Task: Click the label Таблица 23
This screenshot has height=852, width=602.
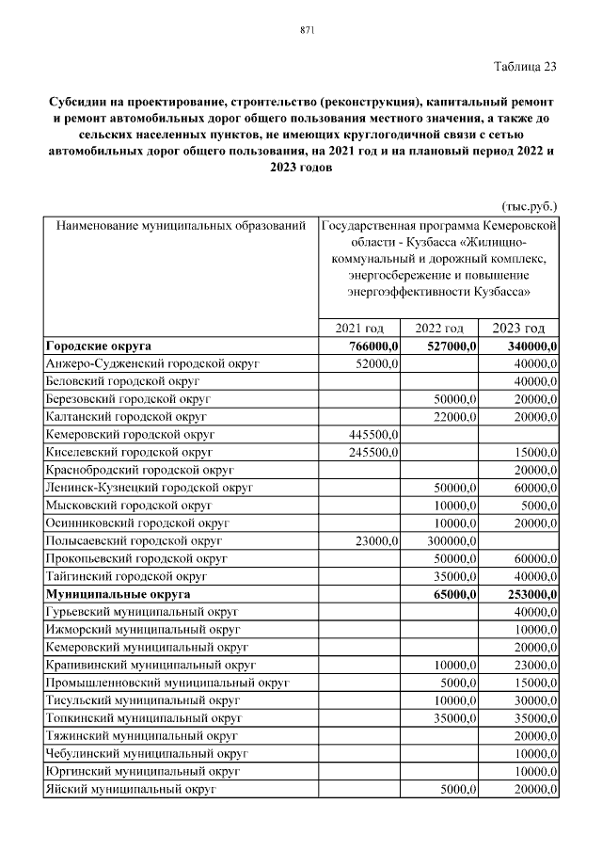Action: click(525, 66)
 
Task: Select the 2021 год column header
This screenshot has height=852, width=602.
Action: click(360, 328)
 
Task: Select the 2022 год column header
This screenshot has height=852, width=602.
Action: click(439, 328)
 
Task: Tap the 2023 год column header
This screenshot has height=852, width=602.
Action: click(519, 328)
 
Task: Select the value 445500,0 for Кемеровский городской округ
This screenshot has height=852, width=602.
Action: click(374, 434)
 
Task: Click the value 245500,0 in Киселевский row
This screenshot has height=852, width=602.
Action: click(374, 452)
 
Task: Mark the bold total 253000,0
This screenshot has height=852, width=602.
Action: click(527, 595)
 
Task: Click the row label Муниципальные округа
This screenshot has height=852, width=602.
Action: click(118, 595)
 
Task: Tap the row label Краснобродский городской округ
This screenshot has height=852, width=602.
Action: click(139, 470)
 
